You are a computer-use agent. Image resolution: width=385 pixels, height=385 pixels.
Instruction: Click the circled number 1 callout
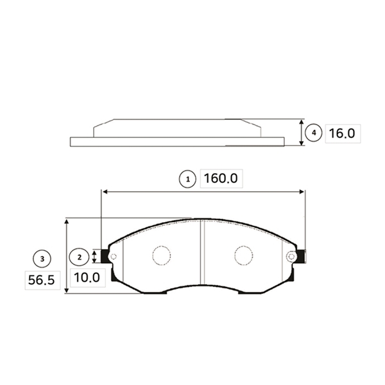187,179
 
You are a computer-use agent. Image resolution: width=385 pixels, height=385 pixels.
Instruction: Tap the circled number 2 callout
79,257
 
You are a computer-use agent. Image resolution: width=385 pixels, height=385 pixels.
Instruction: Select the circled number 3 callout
42,259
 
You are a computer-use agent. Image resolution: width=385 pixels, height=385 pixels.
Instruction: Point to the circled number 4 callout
314,133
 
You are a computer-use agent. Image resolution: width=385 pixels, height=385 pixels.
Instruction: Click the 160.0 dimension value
221,178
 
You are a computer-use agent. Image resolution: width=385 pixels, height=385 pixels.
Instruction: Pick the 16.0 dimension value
342,133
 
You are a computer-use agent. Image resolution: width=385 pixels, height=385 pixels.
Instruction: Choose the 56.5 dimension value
41,280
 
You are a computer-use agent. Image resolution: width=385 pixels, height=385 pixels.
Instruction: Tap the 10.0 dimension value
87,277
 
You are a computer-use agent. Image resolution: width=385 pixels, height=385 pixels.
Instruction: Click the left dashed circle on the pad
162,255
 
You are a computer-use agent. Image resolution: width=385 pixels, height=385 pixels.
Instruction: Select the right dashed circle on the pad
244,255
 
